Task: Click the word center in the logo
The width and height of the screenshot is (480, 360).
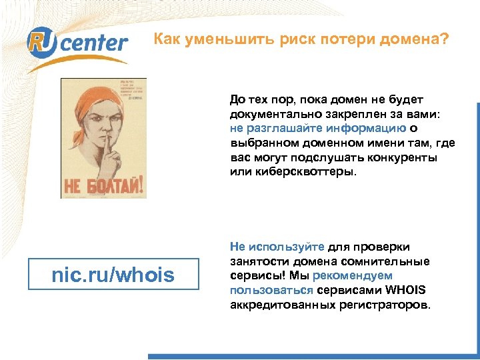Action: click(x=97, y=43)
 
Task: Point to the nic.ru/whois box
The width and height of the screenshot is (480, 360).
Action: click(x=113, y=274)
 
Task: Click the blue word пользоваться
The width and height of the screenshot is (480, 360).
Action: click(x=271, y=290)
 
